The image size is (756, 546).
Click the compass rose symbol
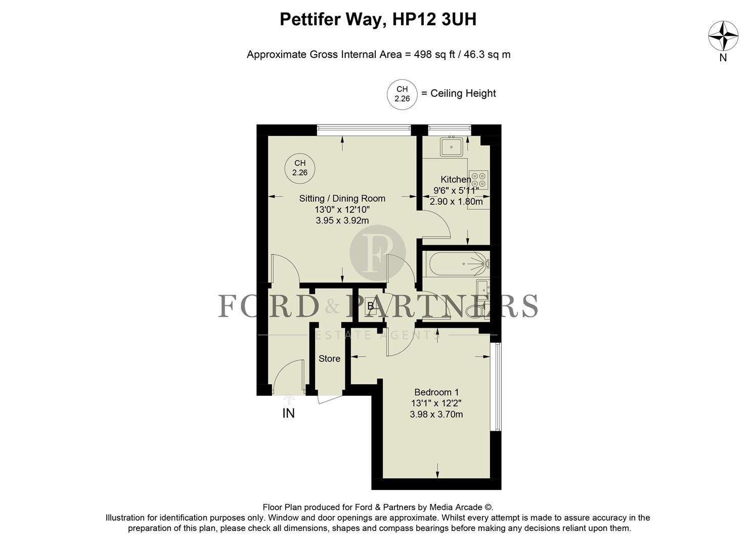(723, 36)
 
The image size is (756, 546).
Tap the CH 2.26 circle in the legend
(402, 94)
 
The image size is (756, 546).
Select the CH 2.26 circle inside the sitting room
(299, 167)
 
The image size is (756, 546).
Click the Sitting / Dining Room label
(342, 199)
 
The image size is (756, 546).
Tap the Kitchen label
(456, 179)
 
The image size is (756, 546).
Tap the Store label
(329, 359)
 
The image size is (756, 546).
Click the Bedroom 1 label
(436, 392)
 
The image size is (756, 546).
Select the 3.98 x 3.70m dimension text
(436, 415)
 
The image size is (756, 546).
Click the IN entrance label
(288, 414)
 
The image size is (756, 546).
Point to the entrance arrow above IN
(288, 399)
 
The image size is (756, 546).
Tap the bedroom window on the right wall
(498, 387)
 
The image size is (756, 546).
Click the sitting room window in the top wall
(364, 129)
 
